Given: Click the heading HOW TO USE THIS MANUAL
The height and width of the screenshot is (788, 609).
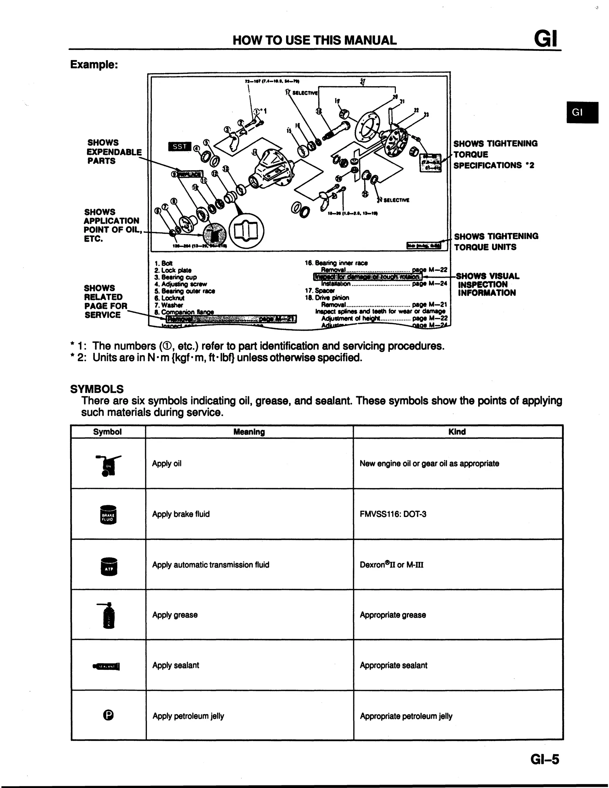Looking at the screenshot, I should coord(314,40).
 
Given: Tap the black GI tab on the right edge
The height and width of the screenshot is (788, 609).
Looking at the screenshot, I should coord(582,112).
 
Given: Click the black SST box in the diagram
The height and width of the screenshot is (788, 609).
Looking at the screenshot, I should coord(179,146).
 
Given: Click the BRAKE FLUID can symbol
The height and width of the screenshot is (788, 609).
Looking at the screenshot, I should coord(108,515).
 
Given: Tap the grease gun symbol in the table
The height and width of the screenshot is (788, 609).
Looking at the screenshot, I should coord(108,615).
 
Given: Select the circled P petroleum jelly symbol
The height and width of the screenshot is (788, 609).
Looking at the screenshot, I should coord(108,715).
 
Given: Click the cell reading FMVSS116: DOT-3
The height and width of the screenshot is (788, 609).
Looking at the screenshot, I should coord(393,514).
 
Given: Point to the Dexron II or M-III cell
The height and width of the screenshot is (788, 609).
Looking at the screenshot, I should coord(391,565).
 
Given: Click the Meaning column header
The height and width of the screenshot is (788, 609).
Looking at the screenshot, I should coord(249,432).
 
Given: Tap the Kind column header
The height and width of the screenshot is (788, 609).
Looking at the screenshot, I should coord(457,432).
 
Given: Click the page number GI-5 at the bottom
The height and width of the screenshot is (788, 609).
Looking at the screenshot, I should coord(544,759).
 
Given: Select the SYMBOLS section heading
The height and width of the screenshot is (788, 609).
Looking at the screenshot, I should coord(97,389).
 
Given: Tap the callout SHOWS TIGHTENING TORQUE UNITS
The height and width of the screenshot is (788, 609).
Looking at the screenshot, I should coord(496,242).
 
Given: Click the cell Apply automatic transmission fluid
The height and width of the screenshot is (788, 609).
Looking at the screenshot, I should coord(210,565).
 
